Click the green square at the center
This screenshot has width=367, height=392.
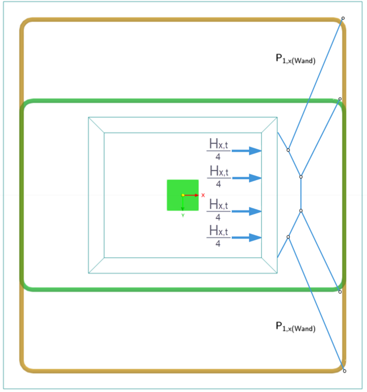pos(183,195)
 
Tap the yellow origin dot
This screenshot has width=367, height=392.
pos(183,195)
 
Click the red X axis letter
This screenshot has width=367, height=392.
pos(203,195)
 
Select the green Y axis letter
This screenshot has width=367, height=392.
pos(183,215)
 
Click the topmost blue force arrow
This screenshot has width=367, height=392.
pos(247,151)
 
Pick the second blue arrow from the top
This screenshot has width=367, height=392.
pos(247,178)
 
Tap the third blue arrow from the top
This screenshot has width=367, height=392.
pos(247,211)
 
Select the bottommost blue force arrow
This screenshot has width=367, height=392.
pos(247,237)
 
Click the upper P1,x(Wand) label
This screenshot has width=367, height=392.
pos(296,59)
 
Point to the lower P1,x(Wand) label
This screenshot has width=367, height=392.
pos(296,327)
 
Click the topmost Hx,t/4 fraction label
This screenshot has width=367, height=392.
pos(218,149)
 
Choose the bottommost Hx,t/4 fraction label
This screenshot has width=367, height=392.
pos(218,236)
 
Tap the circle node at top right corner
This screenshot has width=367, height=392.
pos(343,18)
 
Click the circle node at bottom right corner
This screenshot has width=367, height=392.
pos(344,371)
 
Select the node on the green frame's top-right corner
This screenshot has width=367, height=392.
pos(340,99)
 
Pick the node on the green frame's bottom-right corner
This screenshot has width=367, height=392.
pos(340,292)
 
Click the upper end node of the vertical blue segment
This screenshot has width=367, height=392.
pos(301,177)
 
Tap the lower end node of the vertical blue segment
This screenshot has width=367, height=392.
pos(301,211)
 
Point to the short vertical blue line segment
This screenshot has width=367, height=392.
pos(301,194)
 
